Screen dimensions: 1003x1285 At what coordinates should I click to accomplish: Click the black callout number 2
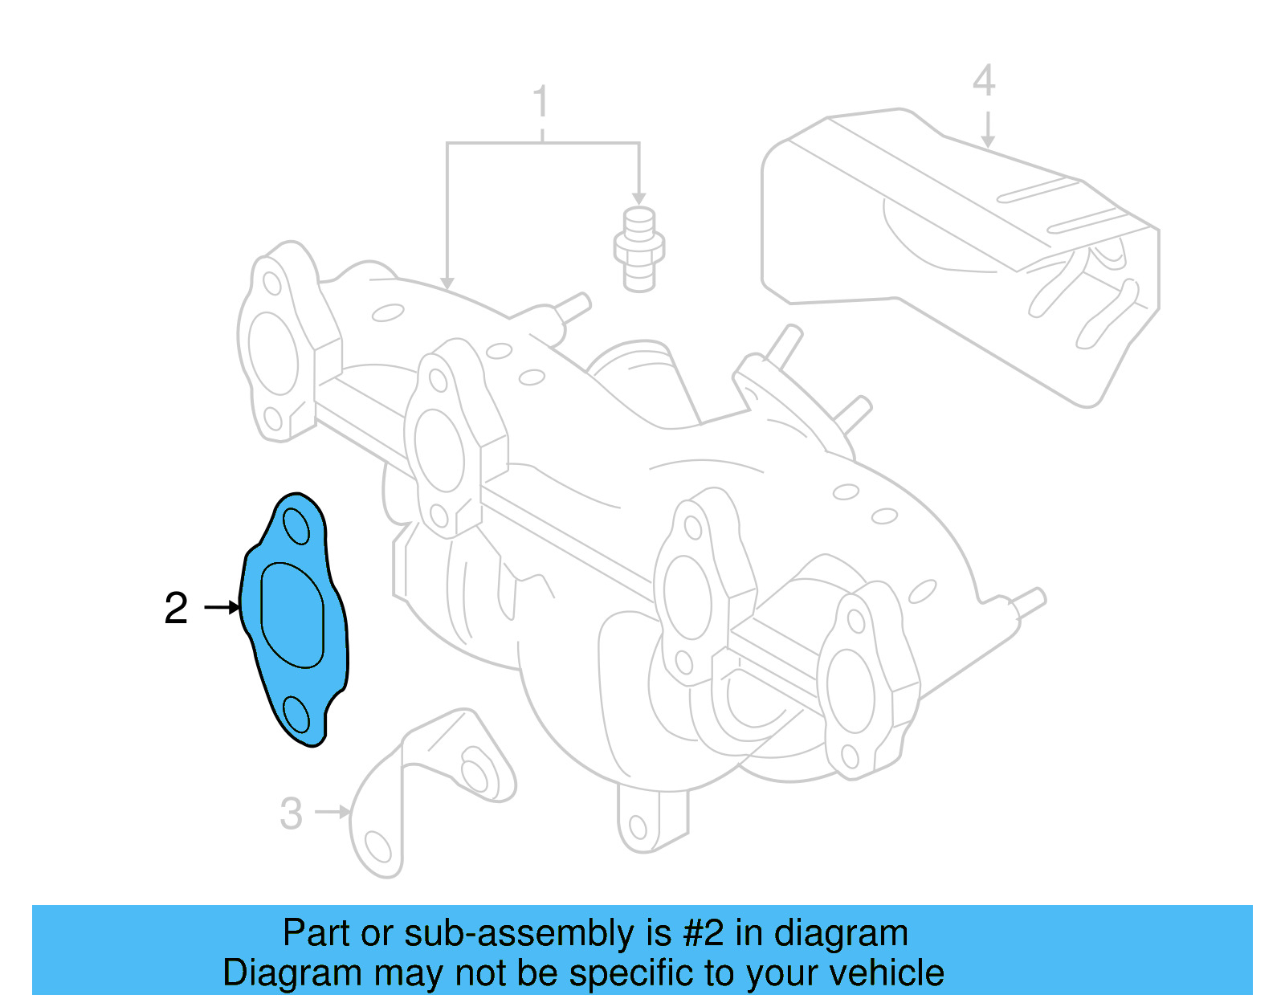pos(176,608)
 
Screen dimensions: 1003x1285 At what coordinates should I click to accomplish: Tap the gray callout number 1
pos(541,102)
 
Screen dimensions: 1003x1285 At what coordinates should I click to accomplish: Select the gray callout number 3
pos(291,813)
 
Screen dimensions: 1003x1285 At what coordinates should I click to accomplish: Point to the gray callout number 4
pos(984,81)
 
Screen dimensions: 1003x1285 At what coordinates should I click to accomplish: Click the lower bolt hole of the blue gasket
pos(296,714)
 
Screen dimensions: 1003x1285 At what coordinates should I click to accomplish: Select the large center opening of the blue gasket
pos(292,615)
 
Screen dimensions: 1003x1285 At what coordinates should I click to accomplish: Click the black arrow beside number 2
pos(222,607)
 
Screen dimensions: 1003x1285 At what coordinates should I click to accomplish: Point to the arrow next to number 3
pos(332,812)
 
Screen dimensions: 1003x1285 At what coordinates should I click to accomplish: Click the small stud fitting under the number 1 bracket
pos(639,249)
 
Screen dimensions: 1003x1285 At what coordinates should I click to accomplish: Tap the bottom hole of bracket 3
pos(377,846)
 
